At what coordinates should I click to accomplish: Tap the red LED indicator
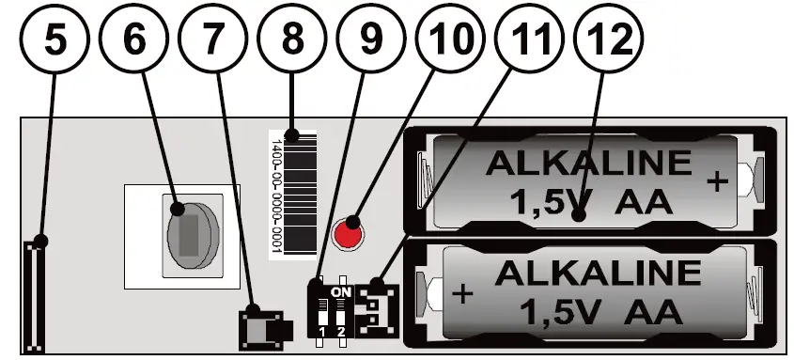coord(349,233)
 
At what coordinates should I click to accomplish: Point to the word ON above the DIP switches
coord(340,292)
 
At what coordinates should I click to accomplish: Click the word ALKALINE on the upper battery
coord(587,164)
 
